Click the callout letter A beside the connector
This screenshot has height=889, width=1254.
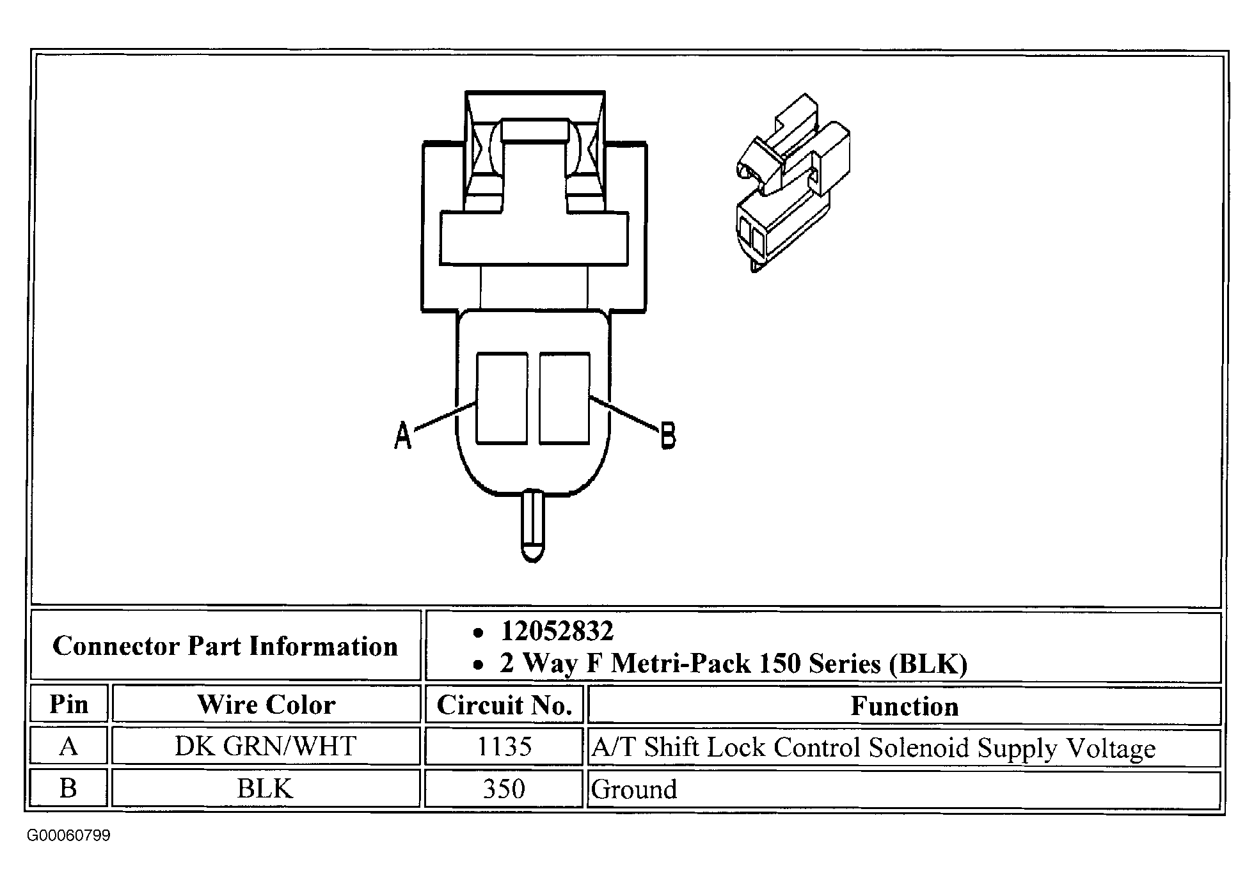[x=402, y=436]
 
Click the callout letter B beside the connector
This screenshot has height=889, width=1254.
[x=667, y=436]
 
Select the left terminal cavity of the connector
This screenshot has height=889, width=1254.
[x=502, y=398]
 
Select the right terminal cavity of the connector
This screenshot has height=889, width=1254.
[x=564, y=398]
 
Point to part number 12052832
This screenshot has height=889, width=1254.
[x=557, y=631]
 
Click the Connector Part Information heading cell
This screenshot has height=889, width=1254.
[x=225, y=646]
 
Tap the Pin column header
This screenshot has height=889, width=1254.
[x=68, y=705]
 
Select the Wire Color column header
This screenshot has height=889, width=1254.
[x=266, y=705]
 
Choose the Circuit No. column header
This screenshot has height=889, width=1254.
[x=504, y=705]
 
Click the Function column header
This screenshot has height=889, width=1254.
[x=904, y=706]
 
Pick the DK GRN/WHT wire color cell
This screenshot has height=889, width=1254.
[x=266, y=746]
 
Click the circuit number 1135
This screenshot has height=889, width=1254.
[x=504, y=746]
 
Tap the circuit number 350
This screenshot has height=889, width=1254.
[x=504, y=789]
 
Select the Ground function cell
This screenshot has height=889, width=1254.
[x=634, y=789]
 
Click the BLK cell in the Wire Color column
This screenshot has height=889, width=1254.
[x=266, y=789]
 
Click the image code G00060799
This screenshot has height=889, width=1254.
[x=68, y=836]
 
